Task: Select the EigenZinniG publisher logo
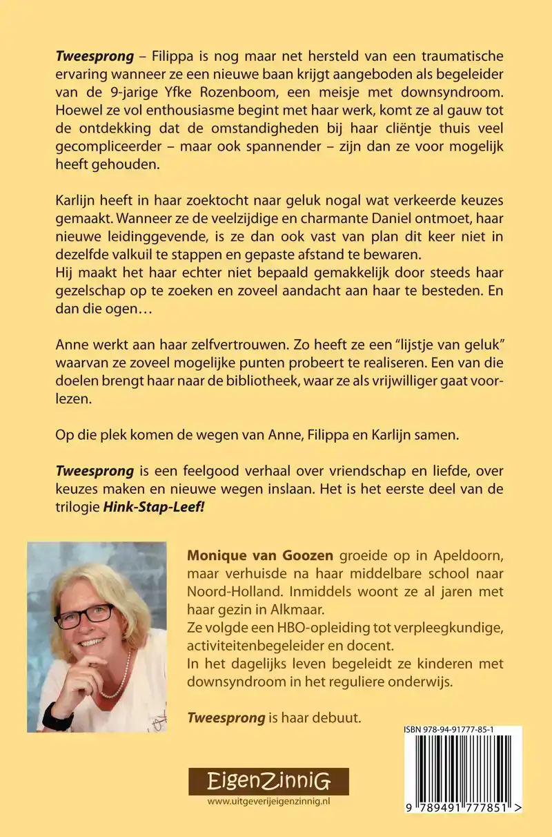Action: [x=269, y=781]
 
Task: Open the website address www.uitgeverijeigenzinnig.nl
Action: [x=269, y=801]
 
